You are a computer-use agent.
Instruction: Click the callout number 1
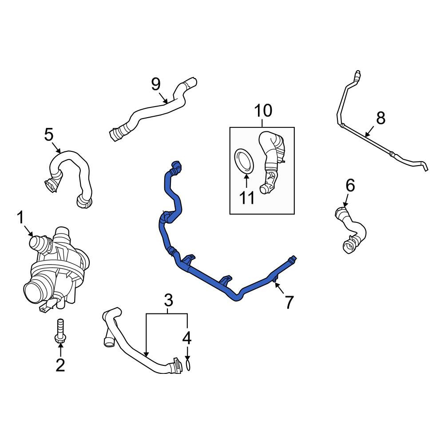20,218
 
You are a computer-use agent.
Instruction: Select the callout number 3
168,300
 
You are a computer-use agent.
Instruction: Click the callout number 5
49,135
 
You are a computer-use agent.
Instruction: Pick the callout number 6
350,186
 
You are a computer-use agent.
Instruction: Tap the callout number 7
289,302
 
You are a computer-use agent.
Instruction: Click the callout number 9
156,84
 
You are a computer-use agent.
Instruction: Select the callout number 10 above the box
263,111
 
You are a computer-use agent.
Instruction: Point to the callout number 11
247,198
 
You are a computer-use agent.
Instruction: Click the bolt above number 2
60,332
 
